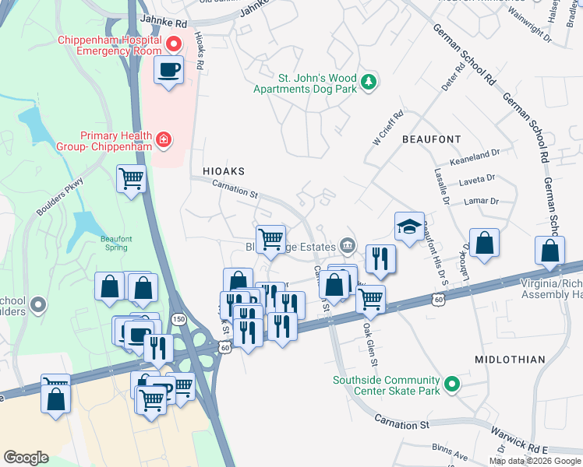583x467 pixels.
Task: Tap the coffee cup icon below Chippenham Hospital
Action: pos(168,71)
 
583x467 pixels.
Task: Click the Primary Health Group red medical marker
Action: pos(164,140)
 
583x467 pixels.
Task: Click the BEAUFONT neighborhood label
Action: pos(426,139)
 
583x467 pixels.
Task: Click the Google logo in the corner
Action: pos(26,457)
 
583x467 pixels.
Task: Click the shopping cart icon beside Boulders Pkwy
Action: pos(131,179)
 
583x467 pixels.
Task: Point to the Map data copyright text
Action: pos(535,461)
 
